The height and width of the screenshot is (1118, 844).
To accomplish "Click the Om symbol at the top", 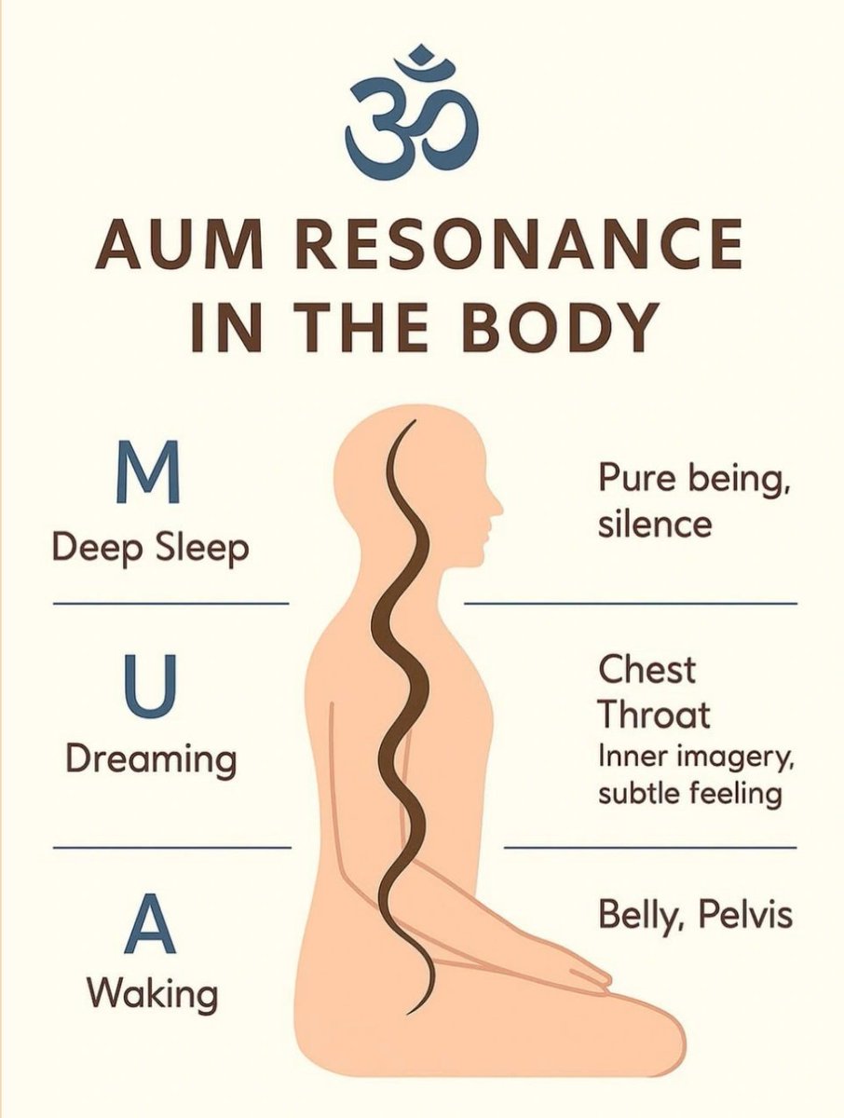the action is pyautogui.click(x=411, y=110).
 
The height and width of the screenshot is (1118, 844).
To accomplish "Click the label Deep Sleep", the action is pyautogui.click(x=151, y=547).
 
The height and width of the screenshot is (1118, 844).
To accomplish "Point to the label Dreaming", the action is pyautogui.click(x=151, y=760).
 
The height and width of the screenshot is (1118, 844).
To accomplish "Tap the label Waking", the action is pyautogui.click(x=153, y=993).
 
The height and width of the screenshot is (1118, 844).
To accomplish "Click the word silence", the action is pyautogui.click(x=655, y=524).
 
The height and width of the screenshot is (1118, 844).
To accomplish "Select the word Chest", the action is pyautogui.click(x=647, y=669).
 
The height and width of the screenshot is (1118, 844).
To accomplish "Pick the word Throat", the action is pyautogui.click(x=654, y=716).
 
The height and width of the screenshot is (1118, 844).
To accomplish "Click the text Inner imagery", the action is pyautogui.click(x=695, y=758).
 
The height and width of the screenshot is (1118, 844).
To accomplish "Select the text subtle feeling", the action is pyautogui.click(x=689, y=795).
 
